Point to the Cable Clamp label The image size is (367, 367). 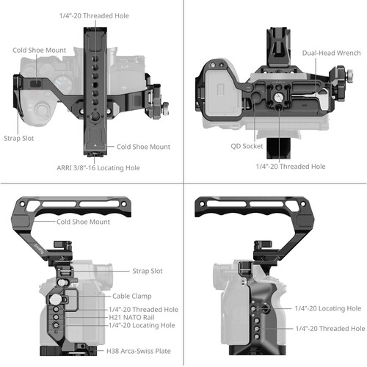tap(131, 297)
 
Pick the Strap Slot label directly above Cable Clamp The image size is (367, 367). tap(147, 271)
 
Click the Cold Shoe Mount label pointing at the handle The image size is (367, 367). tap(85, 221)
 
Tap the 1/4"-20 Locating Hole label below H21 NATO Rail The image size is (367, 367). tap(142, 324)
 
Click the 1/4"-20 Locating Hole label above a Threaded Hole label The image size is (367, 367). tap(328, 308)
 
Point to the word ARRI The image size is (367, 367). tap(67, 167)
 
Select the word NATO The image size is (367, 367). tap(134, 316)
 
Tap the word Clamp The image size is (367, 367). tap(142, 297)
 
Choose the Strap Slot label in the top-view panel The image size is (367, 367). tap(17, 136)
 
